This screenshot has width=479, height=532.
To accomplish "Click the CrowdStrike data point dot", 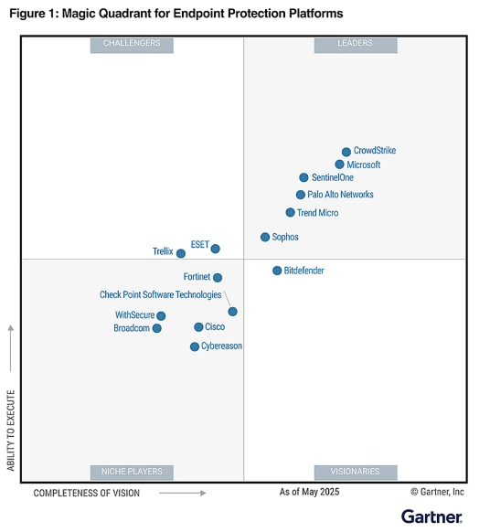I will tap(346, 152).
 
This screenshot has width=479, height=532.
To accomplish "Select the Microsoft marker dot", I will tap(339, 165).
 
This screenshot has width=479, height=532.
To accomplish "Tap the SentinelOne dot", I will tap(303, 177).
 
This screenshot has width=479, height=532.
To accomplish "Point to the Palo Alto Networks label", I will tap(340, 195).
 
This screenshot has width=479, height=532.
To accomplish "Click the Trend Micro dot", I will tap(290, 212).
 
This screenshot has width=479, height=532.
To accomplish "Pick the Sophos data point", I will tap(265, 237).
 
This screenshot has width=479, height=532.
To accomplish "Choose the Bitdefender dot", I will tap(277, 271).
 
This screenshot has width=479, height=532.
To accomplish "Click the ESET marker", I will tap(216, 249).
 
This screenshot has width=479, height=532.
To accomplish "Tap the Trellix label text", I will tap(163, 251).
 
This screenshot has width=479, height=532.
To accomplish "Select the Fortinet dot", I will tap(218, 278).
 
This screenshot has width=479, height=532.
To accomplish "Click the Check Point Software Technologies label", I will tap(160, 294).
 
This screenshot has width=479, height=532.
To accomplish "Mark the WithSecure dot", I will tap(161, 316).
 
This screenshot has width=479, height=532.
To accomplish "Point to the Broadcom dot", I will tap(157, 328).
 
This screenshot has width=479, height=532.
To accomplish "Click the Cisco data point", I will tap(198, 327).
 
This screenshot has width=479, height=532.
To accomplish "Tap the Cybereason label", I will tap(221, 346).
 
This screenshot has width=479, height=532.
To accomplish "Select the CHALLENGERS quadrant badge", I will tap(132, 44).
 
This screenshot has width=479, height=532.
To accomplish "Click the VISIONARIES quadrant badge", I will tap(356, 472).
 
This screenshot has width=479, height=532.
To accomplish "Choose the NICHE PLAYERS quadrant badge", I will tap(132, 472).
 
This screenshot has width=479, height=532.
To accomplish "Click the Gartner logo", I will tap(431, 516).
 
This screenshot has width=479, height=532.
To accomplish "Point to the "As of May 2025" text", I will tap(309, 492).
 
